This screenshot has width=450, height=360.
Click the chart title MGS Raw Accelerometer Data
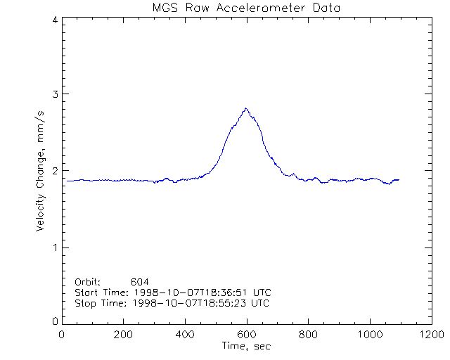(x=246, y=8)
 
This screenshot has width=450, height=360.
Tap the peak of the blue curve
(x=245, y=108)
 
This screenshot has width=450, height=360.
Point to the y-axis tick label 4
(x=54, y=20)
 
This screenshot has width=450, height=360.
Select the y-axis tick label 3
(x=54, y=94)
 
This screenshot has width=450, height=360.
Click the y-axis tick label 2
(x=54, y=171)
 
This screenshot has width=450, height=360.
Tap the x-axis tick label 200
(x=123, y=335)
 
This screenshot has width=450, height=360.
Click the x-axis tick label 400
(x=185, y=335)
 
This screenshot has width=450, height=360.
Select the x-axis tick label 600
(x=246, y=335)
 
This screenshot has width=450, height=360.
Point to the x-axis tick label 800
(x=308, y=335)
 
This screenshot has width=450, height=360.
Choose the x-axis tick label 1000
(x=369, y=335)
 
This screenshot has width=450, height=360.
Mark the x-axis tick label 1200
(x=430, y=335)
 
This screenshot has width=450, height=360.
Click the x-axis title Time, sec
(x=246, y=346)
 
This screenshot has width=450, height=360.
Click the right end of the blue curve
(x=399, y=180)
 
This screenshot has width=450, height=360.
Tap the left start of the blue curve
(x=66, y=181)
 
